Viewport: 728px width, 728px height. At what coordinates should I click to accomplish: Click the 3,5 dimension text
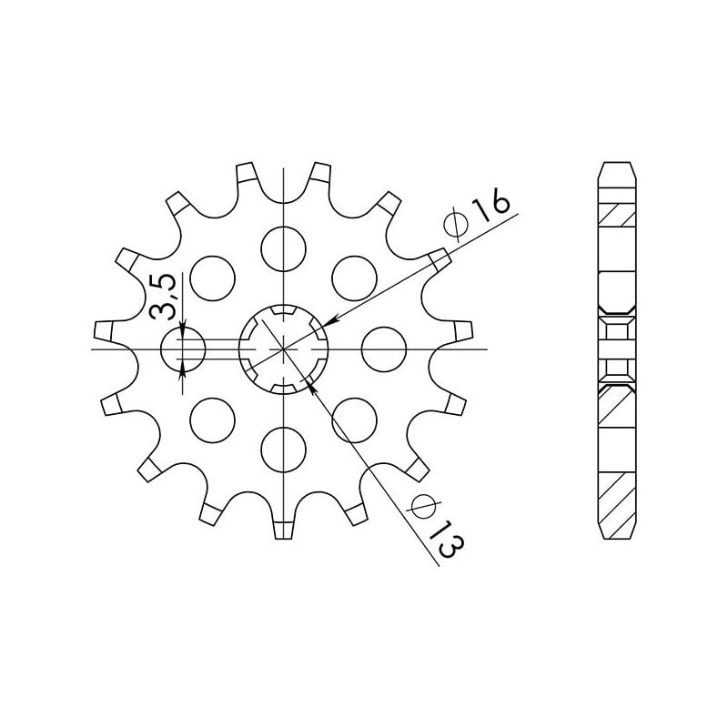[164, 296]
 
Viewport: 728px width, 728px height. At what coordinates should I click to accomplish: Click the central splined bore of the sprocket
[284, 349]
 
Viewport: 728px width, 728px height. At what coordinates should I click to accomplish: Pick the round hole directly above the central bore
[284, 246]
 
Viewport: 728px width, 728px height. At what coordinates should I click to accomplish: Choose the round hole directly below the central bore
[284, 450]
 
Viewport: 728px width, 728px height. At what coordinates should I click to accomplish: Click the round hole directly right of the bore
[383, 349]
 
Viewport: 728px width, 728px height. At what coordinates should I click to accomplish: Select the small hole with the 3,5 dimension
[183, 349]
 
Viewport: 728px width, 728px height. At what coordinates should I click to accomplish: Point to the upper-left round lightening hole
[212, 277]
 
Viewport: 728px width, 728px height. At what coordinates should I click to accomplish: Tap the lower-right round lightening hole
[355, 420]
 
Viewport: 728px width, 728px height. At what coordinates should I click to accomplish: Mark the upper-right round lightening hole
[355, 277]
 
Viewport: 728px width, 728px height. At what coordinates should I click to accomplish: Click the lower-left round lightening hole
[212, 420]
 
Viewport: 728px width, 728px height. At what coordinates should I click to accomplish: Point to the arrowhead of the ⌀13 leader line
[312, 386]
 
